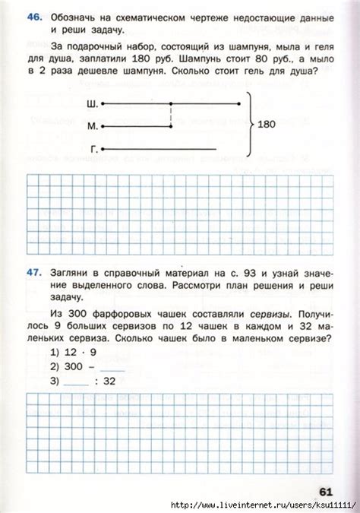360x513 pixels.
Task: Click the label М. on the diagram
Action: point(93,126)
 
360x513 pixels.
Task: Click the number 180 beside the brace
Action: point(268,125)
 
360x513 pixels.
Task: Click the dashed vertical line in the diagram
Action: point(171,115)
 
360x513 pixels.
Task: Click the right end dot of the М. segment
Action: point(171,126)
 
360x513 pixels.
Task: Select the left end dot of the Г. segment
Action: point(103,149)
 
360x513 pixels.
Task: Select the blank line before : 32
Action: point(76,383)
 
